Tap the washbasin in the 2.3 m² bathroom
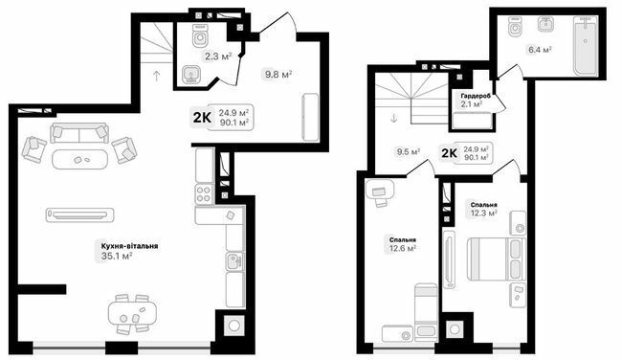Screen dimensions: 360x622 point(189,73)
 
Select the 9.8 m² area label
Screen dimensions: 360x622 point(278,75)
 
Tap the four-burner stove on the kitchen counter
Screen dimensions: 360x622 point(204,192)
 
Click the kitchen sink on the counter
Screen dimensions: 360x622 point(233,259)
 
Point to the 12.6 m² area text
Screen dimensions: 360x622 point(402,249)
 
